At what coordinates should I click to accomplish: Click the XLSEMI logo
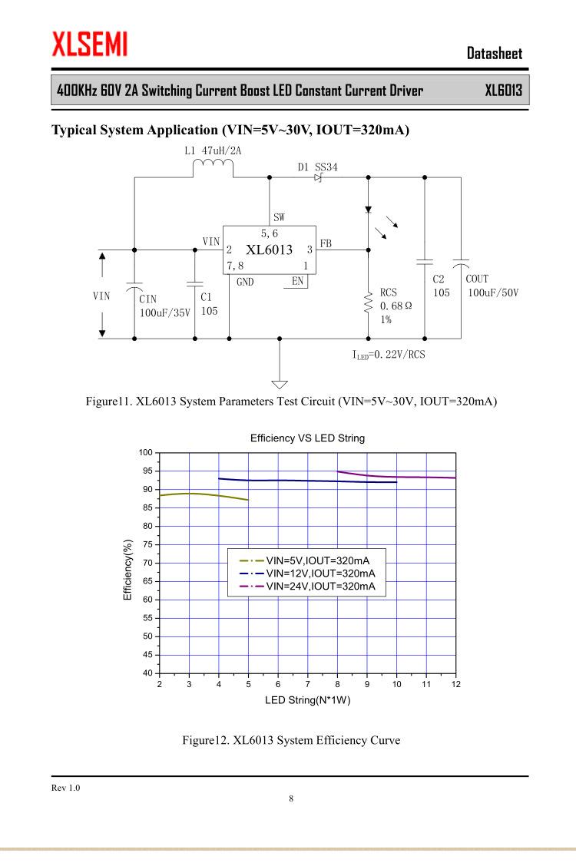click(x=89, y=44)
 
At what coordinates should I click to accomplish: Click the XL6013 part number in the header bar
click(x=503, y=91)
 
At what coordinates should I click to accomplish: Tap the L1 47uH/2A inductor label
click(x=214, y=150)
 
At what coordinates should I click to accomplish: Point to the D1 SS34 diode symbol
click(x=318, y=177)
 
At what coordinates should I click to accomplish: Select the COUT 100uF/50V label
click(x=488, y=286)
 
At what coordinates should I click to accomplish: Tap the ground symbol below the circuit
click(x=280, y=384)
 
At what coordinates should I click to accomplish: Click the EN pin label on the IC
click(x=298, y=282)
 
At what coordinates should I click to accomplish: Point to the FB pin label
click(x=326, y=243)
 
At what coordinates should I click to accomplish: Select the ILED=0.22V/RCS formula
click(x=389, y=355)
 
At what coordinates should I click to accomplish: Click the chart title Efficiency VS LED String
click(x=307, y=438)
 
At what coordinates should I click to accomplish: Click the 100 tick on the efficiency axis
click(x=145, y=452)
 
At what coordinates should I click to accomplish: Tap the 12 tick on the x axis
click(x=456, y=684)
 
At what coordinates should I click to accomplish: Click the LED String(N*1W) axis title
click(x=307, y=699)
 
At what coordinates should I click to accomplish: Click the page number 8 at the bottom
click(x=290, y=799)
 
